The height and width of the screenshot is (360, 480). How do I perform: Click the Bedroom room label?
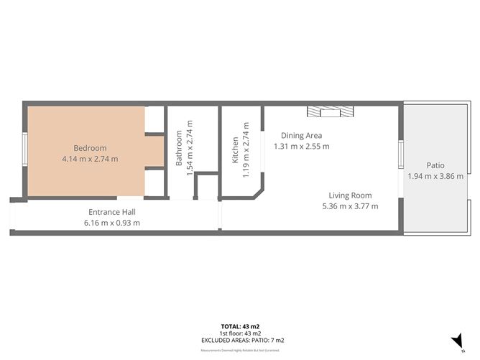(90, 148)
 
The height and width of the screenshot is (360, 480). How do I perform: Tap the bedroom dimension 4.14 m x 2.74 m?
(90, 159)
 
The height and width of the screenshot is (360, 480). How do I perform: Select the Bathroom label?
(179, 148)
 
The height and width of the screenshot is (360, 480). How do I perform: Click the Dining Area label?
(301, 135)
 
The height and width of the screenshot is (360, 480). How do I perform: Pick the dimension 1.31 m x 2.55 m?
(301, 146)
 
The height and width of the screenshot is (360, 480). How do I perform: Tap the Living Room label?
(350, 195)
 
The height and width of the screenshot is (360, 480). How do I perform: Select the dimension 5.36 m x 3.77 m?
(350, 206)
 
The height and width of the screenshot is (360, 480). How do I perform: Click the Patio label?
(435, 165)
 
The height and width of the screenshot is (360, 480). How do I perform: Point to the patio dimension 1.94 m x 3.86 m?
(435, 176)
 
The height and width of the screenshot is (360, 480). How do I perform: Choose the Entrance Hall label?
(111, 212)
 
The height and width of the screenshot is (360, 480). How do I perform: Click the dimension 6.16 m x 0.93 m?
(111, 223)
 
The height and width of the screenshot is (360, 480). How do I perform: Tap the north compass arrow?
(456, 341)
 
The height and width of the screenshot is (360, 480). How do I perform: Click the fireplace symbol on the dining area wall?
(331, 111)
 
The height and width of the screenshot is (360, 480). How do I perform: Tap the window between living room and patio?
(401, 154)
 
